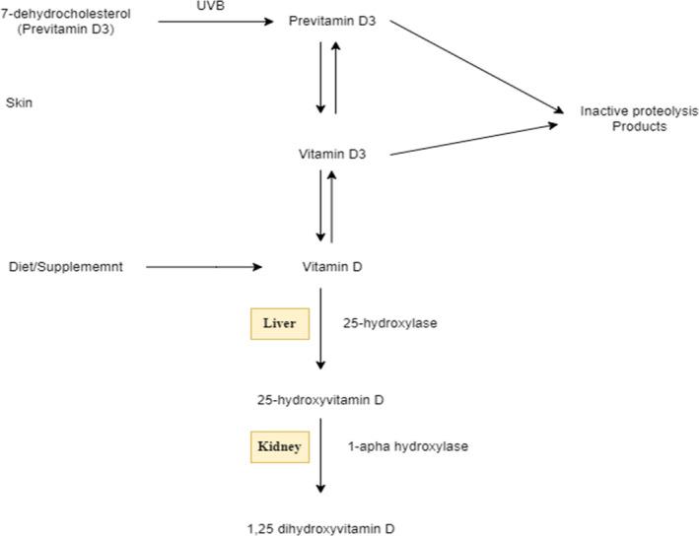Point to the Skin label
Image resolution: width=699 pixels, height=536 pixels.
tap(20, 102)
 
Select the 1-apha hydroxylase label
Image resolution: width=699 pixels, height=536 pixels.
tap(407, 446)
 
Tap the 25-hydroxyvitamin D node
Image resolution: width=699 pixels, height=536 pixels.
tap(320, 400)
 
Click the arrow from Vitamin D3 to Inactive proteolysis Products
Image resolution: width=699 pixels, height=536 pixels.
tap(473, 140)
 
